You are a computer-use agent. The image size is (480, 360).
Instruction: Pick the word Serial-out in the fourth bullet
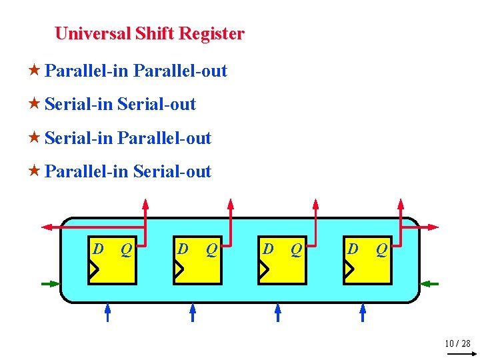(x=172, y=171)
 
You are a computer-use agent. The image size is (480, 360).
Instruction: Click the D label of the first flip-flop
(x=98, y=249)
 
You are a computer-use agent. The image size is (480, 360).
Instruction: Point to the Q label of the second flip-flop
(x=211, y=249)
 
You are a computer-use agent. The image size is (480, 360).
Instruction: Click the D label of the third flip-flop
(x=268, y=249)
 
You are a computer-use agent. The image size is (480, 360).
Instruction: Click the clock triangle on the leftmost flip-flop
(x=94, y=269)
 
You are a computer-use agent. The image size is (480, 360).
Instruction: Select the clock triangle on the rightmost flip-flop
(x=349, y=269)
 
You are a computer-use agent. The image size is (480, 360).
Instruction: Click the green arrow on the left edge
(x=51, y=284)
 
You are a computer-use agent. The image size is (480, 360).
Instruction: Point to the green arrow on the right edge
(x=429, y=284)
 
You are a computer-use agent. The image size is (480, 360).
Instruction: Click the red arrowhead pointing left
(x=47, y=227)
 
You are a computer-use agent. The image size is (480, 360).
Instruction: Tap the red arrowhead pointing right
(x=434, y=227)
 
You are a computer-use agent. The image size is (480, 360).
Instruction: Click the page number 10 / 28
(x=457, y=343)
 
